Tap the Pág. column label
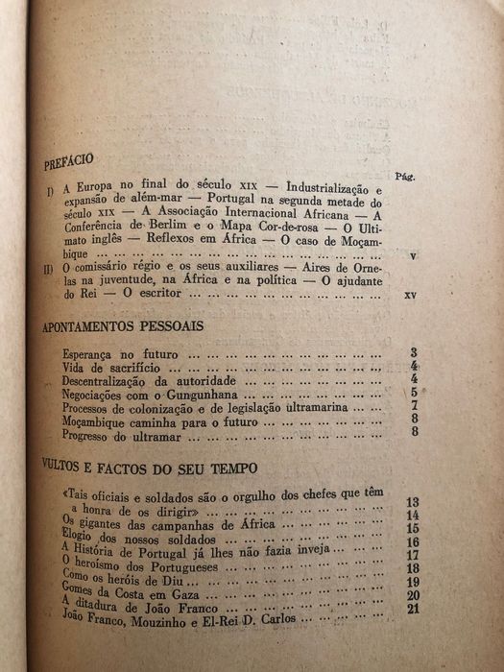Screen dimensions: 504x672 coord(403,178)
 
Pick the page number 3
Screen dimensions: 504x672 coord(413,354)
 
